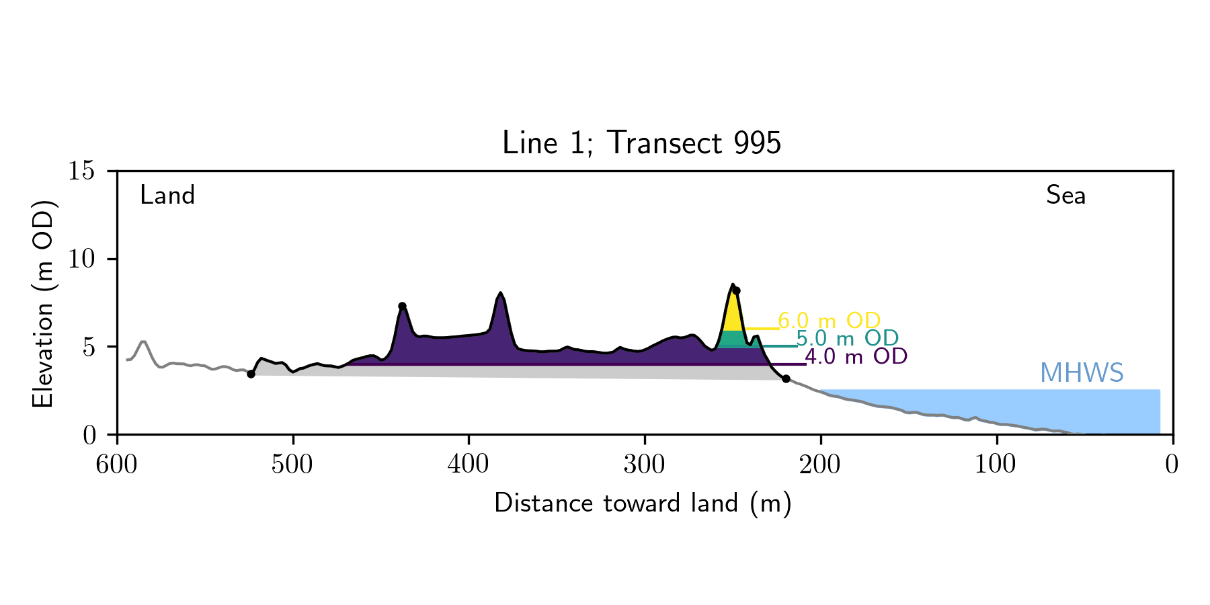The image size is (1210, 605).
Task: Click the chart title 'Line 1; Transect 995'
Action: click(x=641, y=143)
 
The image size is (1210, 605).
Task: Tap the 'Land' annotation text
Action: click(x=167, y=196)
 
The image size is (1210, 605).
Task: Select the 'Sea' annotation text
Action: click(x=1065, y=196)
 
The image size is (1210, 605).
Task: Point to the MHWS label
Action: click(x=1082, y=373)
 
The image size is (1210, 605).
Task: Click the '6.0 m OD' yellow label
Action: click(x=829, y=321)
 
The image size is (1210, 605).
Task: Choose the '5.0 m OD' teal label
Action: click(x=847, y=338)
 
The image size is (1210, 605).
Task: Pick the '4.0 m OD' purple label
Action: click(x=856, y=356)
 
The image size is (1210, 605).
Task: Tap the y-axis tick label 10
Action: click(x=81, y=259)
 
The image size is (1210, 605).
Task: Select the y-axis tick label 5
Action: click(x=89, y=347)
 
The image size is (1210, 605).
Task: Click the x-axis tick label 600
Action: click(x=117, y=465)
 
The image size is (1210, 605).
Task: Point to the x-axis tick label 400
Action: click(x=469, y=465)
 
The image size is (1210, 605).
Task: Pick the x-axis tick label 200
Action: click(x=820, y=465)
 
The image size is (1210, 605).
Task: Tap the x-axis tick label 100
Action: click(x=996, y=465)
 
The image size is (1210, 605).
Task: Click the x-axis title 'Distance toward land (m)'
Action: click(x=643, y=503)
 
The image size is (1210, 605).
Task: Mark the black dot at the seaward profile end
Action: click(x=786, y=379)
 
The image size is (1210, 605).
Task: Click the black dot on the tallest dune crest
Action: click(x=736, y=291)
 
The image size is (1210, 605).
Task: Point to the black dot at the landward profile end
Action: click(x=251, y=374)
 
